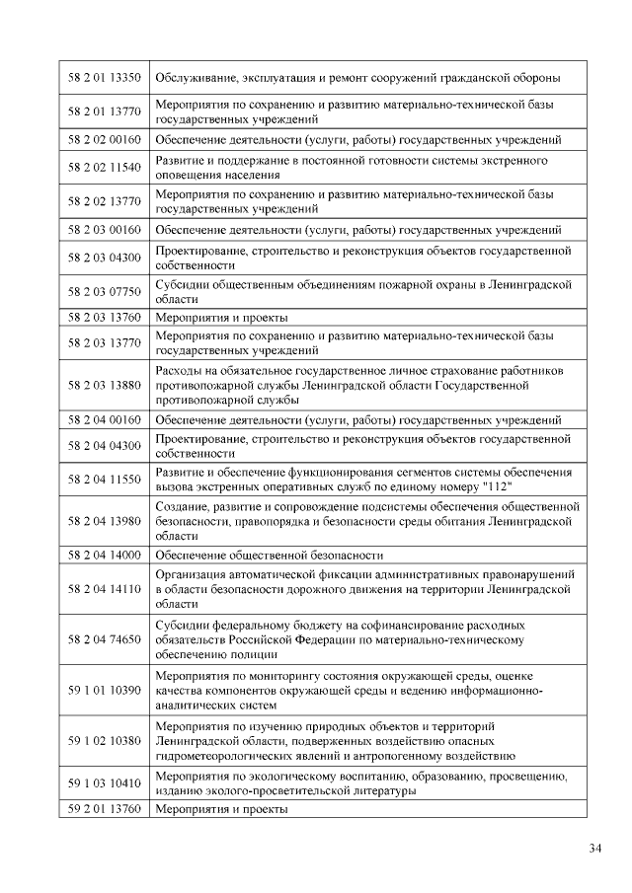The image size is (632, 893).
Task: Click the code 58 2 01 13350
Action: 104,77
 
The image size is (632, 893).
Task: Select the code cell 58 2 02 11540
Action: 104,167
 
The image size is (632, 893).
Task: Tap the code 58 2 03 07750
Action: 104,291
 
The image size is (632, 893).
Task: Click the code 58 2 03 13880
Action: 104,385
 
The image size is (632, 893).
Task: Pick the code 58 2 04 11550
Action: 104,479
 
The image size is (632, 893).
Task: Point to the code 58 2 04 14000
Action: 104,555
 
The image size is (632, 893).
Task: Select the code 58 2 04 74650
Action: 104,639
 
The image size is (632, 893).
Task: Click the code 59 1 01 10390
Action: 104,690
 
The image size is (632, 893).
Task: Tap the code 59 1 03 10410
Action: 104,783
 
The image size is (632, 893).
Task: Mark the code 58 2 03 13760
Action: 104,318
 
